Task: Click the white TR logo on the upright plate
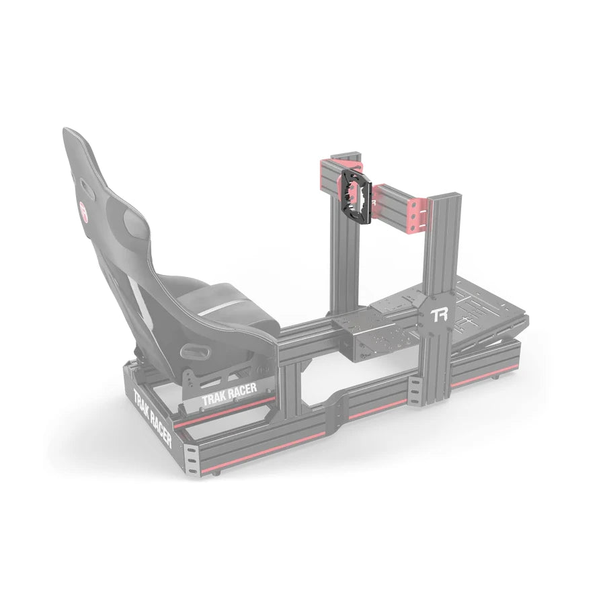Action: pos(440,314)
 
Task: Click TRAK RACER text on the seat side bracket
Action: pos(229,395)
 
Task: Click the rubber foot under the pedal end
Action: pos(498,377)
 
